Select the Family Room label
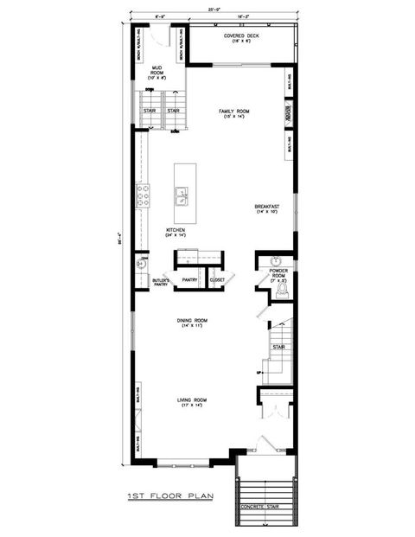click(x=235, y=113)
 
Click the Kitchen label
click(x=176, y=232)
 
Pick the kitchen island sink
click(x=183, y=199)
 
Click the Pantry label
click(x=190, y=279)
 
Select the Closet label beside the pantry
click(x=216, y=279)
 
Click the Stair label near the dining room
click(x=278, y=348)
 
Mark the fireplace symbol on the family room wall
click(x=288, y=115)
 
